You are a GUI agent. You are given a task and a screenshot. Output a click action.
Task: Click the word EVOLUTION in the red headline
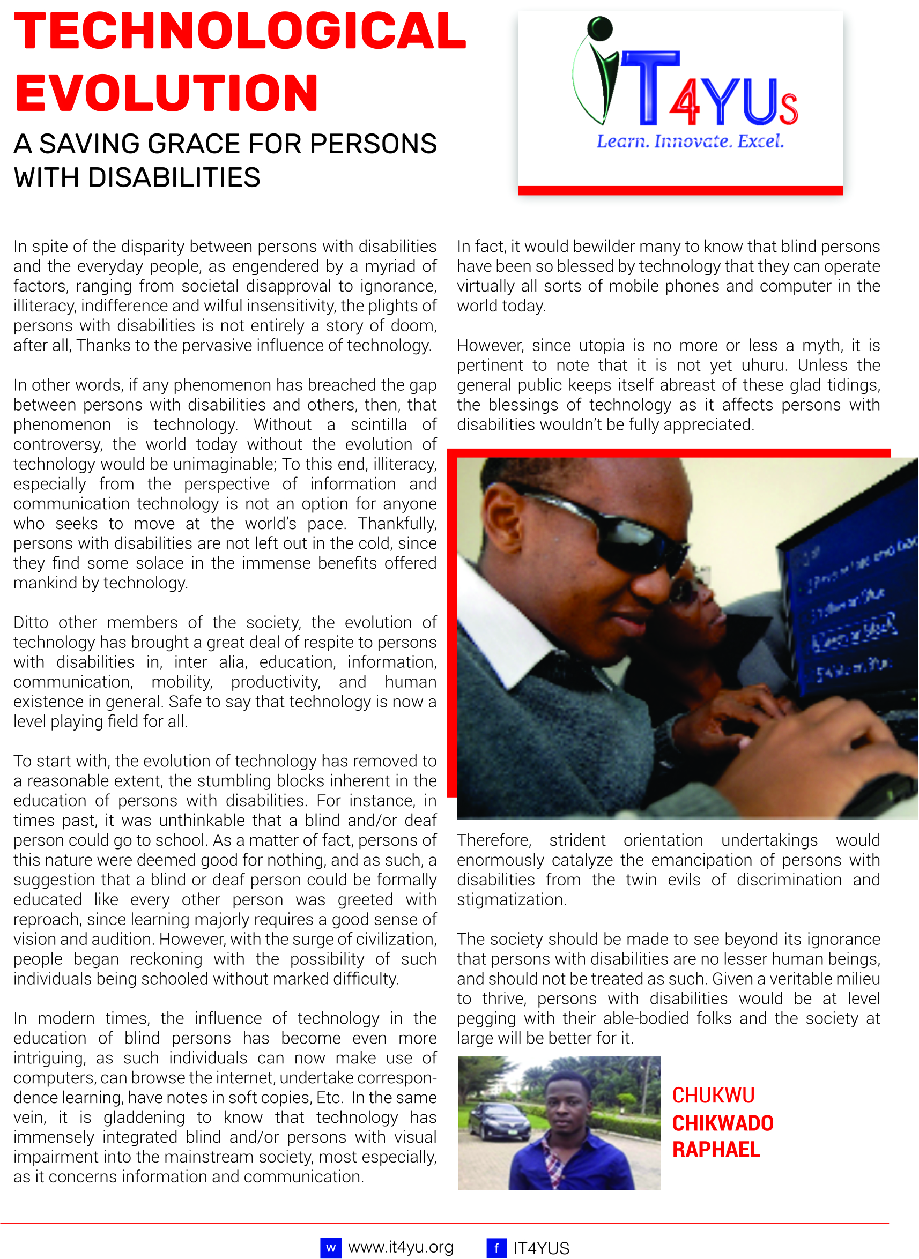[x=166, y=93]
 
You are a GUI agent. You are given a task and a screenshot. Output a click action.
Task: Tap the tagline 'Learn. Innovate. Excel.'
[x=690, y=141]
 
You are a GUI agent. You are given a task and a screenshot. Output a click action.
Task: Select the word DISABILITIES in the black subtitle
[x=174, y=178]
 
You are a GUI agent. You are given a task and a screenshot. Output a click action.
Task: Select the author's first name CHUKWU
[x=713, y=1096]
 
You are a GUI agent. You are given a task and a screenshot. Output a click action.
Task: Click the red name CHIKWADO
[x=723, y=1123]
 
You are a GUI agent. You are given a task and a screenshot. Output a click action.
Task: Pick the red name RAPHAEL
[x=716, y=1150]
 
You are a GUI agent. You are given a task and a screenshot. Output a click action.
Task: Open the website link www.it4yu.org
[x=401, y=1247]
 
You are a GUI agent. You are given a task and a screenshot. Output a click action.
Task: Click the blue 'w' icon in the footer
[x=330, y=1248]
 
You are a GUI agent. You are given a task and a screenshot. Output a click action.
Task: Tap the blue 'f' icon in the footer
[x=496, y=1248]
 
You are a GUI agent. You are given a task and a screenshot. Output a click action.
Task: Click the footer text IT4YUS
[x=542, y=1248]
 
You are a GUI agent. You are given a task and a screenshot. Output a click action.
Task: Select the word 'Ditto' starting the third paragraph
[x=31, y=622]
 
